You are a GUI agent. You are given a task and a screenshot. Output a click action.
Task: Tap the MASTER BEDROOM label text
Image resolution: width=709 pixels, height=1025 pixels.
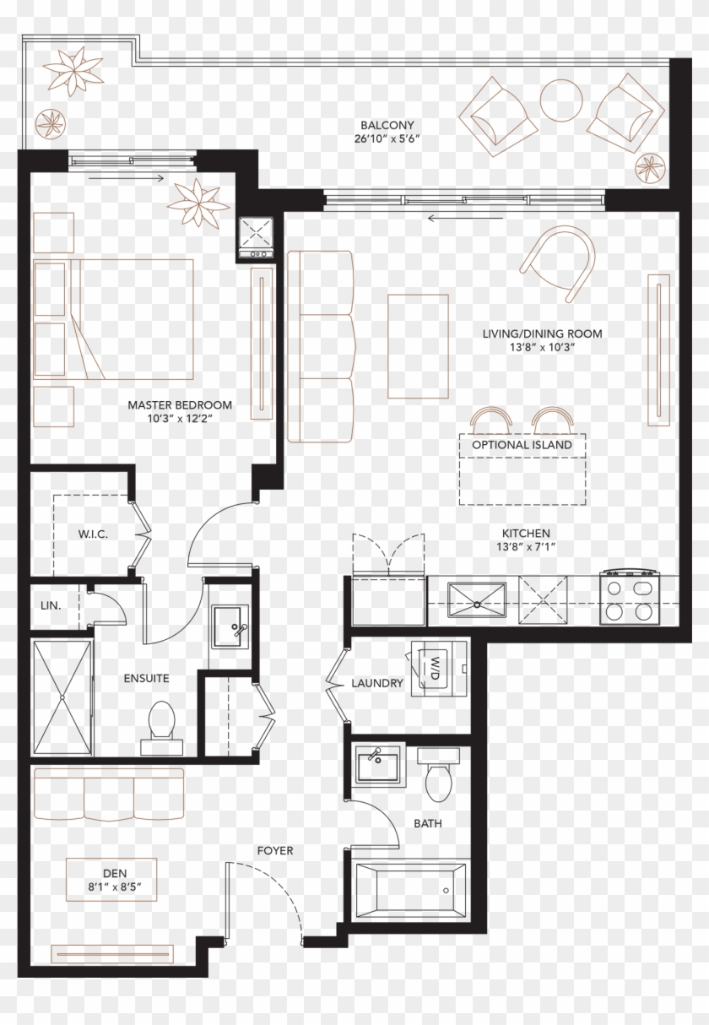tap(180, 405)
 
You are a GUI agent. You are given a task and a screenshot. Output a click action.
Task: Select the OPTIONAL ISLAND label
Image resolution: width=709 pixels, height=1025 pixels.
tap(522, 445)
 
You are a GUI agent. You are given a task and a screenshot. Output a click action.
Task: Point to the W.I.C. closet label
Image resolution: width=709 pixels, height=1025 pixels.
tap(93, 534)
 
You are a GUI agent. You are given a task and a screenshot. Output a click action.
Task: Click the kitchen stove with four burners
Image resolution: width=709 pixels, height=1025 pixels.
tap(630, 599)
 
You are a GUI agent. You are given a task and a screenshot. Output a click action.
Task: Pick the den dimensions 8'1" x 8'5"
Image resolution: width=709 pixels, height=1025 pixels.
tap(107, 887)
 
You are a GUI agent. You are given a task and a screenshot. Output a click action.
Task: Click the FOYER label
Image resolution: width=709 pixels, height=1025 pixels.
tap(274, 850)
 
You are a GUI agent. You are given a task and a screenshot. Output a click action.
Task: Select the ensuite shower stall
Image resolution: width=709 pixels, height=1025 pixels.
tap(62, 697)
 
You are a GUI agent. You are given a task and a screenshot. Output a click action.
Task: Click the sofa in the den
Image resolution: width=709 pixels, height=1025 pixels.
tap(108, 794)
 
